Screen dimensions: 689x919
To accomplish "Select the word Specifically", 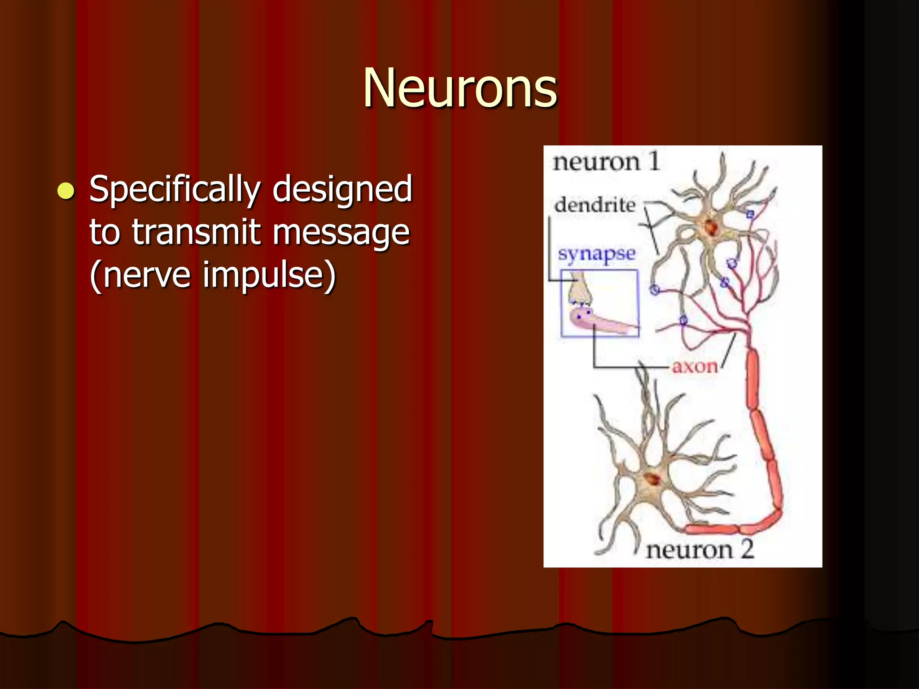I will click(x=175, y=189).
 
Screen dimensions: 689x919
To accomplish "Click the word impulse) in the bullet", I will click(x=269, y=275).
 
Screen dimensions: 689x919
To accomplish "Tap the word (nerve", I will click(x=140, y=275).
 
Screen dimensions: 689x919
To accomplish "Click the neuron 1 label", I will click(x=606, y=161).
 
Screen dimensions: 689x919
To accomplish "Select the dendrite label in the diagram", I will click(x=595, y=205).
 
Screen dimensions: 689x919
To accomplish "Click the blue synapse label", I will click(x=597, y=254).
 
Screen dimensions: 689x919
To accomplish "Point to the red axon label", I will click(x=694, y=367).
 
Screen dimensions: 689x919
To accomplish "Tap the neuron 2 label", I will click(x=700, y=550).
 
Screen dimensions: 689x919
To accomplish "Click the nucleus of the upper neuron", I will click(x=711, y=227).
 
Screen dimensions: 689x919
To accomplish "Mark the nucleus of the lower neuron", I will click(x=652, y=479).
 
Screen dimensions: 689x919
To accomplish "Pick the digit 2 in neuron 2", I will click(x=747, y=549).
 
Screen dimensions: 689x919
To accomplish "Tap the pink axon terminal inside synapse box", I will click(x=597, y=321).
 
